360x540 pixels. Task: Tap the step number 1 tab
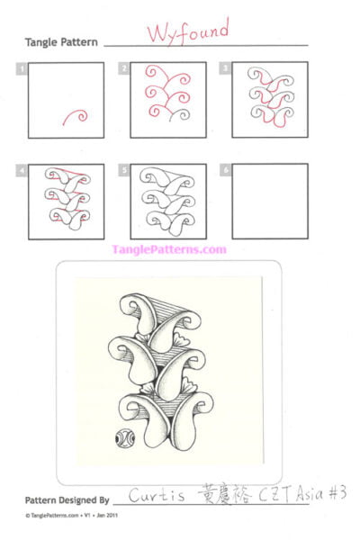click(21, 68)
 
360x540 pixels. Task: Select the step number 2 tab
click(123, 68)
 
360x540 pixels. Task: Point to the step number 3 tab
click(226, 68)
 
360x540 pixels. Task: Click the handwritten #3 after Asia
click(334, 492)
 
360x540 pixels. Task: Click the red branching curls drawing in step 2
click(167, 99)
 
